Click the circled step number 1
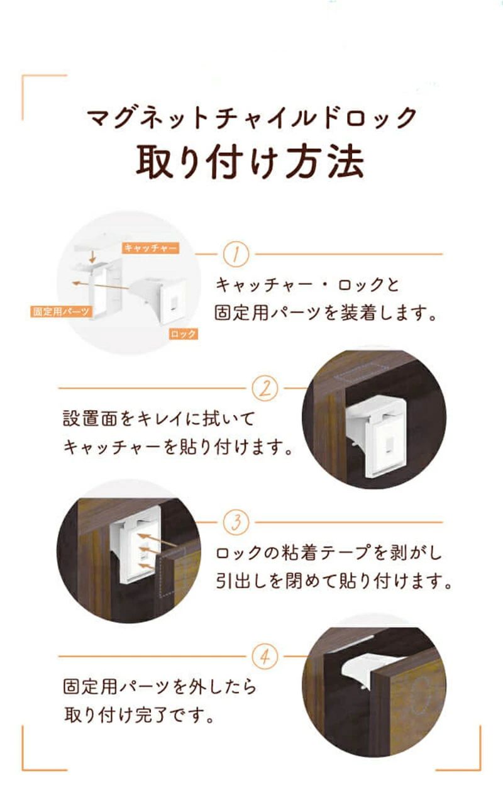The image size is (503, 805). click(236, 254)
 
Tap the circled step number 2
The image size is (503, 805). click(265, 389)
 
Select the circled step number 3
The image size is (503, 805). click(236, 522)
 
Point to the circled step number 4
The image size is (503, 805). click(265, 657)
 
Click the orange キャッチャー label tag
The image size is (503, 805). click(150, 248)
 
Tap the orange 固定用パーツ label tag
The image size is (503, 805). click(61, 311)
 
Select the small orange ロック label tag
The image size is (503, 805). click(183, 334)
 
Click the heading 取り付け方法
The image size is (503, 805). click(250, 162)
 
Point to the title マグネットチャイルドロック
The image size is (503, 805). click(251, 118)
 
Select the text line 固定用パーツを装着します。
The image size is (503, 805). click(326, 313)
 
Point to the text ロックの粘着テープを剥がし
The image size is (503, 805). click(329, 553)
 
